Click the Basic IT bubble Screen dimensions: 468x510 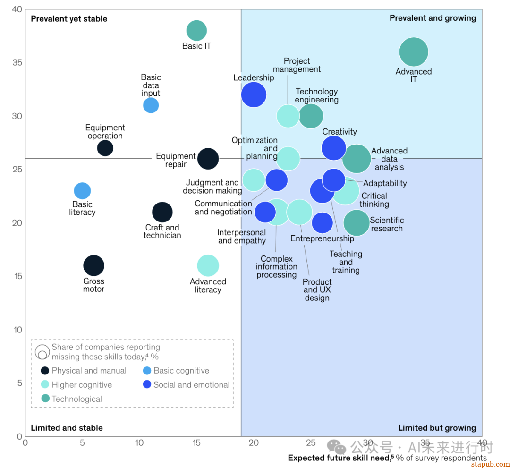[x=196, y=31]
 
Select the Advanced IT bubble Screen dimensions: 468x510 [x=414, y=52]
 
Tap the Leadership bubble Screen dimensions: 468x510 [x=254, y=94]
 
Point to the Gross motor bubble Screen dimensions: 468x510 [x=93, y=265]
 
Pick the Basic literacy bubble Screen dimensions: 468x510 [x=82, y=191]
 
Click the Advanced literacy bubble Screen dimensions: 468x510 [x=208, y=265]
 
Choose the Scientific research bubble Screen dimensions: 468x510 [x=357, y=222]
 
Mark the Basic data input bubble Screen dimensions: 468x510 [x=151, y=105]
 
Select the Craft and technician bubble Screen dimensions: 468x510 [x=162, y=212]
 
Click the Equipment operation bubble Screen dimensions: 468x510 [x=105, y=148]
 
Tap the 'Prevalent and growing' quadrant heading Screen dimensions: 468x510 [x=433, y=18]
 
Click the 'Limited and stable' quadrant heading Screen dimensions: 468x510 [x=67, y=428]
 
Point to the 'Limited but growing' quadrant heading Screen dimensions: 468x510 [x=437, y=428]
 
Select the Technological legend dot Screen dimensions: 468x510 [x=45, y=399]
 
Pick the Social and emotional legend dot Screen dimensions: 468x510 [x=147, y=384]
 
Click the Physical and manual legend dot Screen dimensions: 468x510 [x=45, y=371]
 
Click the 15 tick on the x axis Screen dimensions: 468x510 [x=196, y=442]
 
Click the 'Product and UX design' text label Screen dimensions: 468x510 [x=317, y=289]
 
